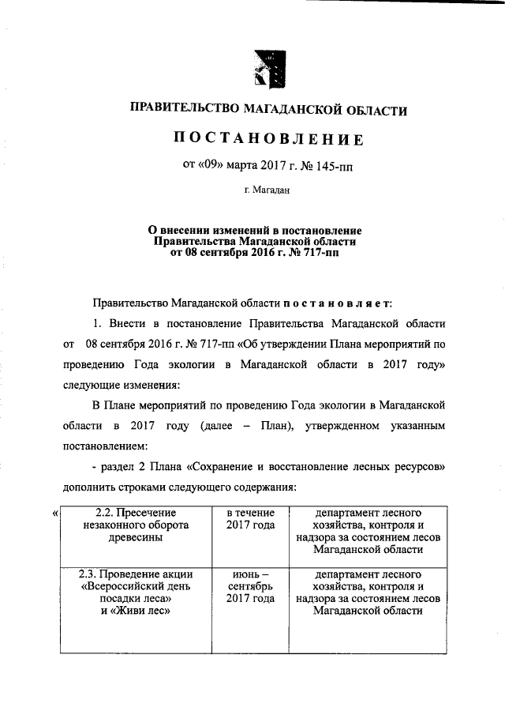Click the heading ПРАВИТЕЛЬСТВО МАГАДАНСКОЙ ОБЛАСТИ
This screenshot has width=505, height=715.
(268, 110)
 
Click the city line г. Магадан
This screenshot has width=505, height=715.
(267, 190)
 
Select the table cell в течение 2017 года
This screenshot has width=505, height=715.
(250, 518)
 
